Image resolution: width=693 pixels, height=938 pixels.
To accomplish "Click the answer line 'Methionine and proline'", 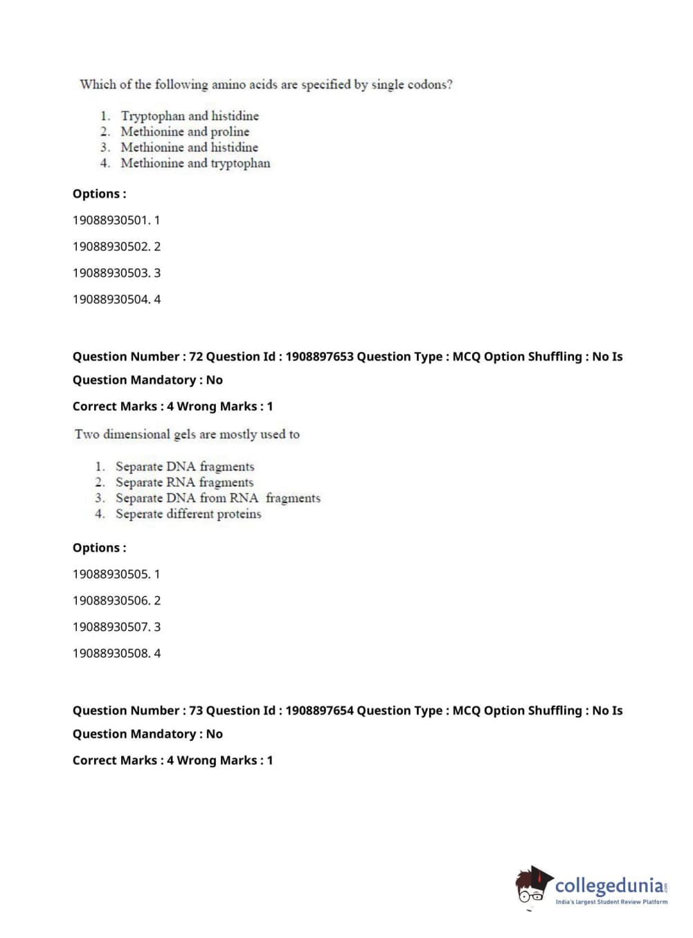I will (x=185, y=131).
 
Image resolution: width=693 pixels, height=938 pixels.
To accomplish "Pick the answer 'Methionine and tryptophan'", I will (x=195, y=163).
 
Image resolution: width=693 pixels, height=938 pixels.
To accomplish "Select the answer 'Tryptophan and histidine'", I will (x=190, y=116).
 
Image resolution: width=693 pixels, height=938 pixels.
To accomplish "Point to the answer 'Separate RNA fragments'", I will (x=184, y=482).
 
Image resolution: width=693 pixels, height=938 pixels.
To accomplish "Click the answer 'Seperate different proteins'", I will (x=188, y=514).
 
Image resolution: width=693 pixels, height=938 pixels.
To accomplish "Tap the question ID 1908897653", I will (x=319, y=357).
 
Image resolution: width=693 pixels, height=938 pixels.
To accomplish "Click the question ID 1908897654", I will (x=319, y=710).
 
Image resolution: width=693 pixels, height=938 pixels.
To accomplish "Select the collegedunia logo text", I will (x=609, y=885).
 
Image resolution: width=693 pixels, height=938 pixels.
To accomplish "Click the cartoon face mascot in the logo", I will (x=532, y=885).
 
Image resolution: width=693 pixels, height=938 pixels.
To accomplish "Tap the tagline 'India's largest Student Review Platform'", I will (x=611, y=902).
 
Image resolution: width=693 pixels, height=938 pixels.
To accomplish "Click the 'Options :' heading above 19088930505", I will (x=100, y=548).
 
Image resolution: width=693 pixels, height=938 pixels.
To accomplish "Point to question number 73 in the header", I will (x=196, y=710).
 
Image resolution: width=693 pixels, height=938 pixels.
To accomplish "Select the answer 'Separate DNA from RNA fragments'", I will (x=217, y=498).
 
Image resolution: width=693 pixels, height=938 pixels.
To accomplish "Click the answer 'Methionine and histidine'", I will (x=189, y=147).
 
